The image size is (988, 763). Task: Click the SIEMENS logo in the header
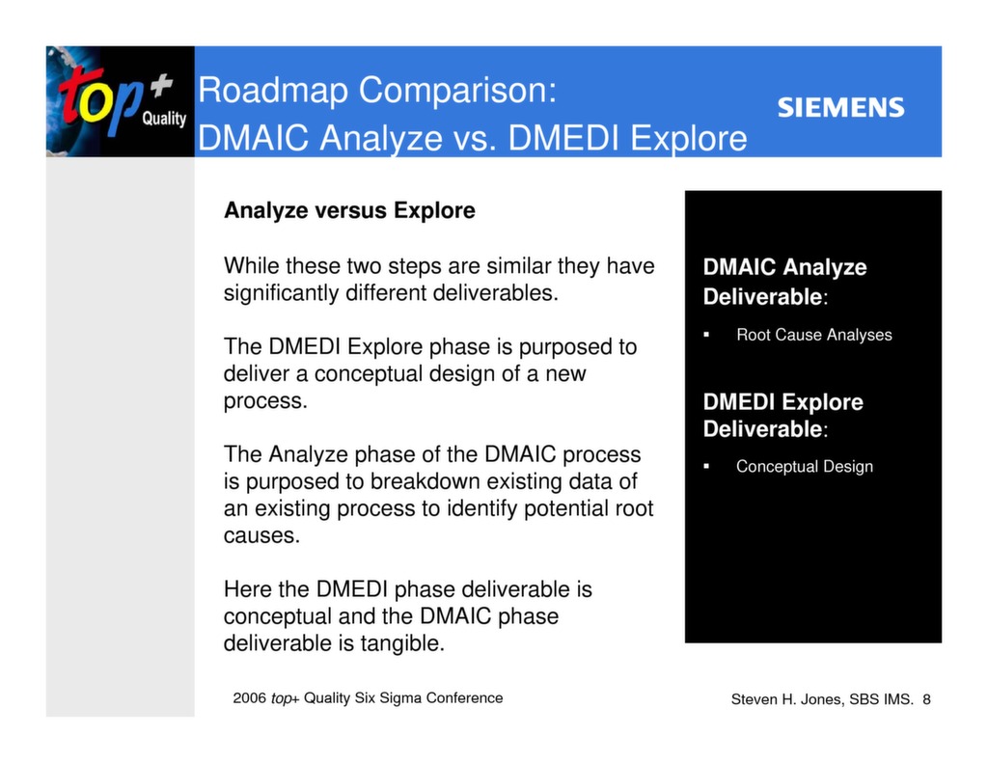point(840,108)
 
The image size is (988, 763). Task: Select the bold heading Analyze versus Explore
point(349,210)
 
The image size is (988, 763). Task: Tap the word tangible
point(401,643)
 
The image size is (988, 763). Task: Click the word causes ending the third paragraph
point(261,535)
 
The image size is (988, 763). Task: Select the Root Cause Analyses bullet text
point(813,336)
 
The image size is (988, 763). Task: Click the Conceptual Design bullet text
point(804,467)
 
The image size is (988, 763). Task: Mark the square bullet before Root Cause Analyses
point(706,336)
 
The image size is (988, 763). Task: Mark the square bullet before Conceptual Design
point(706,467)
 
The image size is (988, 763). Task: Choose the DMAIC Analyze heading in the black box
point(784,268)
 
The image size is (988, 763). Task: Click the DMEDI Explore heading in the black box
point(782,403)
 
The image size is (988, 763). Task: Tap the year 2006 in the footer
point(249,698)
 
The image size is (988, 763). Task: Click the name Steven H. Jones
point(787,699)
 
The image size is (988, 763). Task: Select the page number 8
point(926,699)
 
